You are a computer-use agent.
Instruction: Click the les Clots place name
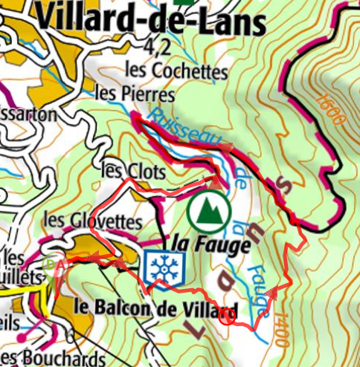click(x=132, y=170)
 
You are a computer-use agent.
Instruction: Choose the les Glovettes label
click(x=92, y=221)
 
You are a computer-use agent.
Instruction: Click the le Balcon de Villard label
click(x=157, y=308)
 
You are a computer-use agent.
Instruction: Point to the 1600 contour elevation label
click(x=327, y=111)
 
